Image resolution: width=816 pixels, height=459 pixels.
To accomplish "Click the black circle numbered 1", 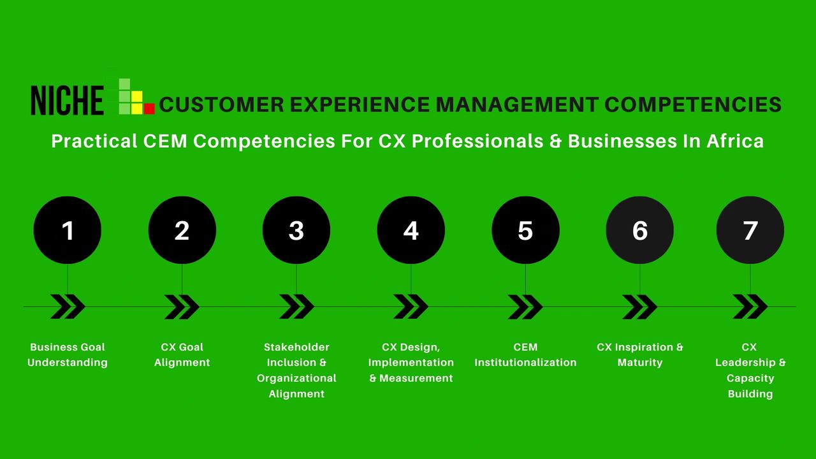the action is click(68, 230).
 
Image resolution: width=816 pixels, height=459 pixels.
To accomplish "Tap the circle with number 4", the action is click(411, 230).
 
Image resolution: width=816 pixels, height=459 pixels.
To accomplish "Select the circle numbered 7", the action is click(750, 230).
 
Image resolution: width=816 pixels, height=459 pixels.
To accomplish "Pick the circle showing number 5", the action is click(525, 230).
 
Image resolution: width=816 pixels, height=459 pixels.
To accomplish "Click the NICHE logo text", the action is click(68, 101).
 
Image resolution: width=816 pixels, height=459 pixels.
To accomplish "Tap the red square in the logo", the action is click(149, 108).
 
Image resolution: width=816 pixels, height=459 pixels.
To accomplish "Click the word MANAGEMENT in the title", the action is click(517, 105).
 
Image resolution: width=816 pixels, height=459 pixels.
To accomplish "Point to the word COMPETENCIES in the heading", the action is click(693, 105).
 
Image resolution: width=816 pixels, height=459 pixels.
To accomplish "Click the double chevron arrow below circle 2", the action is click(182, 307).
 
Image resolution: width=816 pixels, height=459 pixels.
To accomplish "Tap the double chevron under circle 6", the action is click(639, 307).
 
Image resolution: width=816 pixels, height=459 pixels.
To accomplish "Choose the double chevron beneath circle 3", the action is click(296, 307).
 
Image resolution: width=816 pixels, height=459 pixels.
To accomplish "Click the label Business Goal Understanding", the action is click(68, 355).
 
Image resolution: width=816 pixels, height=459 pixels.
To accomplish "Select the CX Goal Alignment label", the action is click(182, 355).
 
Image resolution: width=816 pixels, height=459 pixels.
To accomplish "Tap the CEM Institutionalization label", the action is click(525, 355).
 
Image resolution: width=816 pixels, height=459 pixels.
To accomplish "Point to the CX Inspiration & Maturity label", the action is click(639, 355).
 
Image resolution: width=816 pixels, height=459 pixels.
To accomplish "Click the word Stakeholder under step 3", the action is click(296, 347).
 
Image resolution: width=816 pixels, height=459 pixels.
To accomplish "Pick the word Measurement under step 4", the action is click(416, 378).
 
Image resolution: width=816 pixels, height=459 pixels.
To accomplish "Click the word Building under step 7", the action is click(750, 394).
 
